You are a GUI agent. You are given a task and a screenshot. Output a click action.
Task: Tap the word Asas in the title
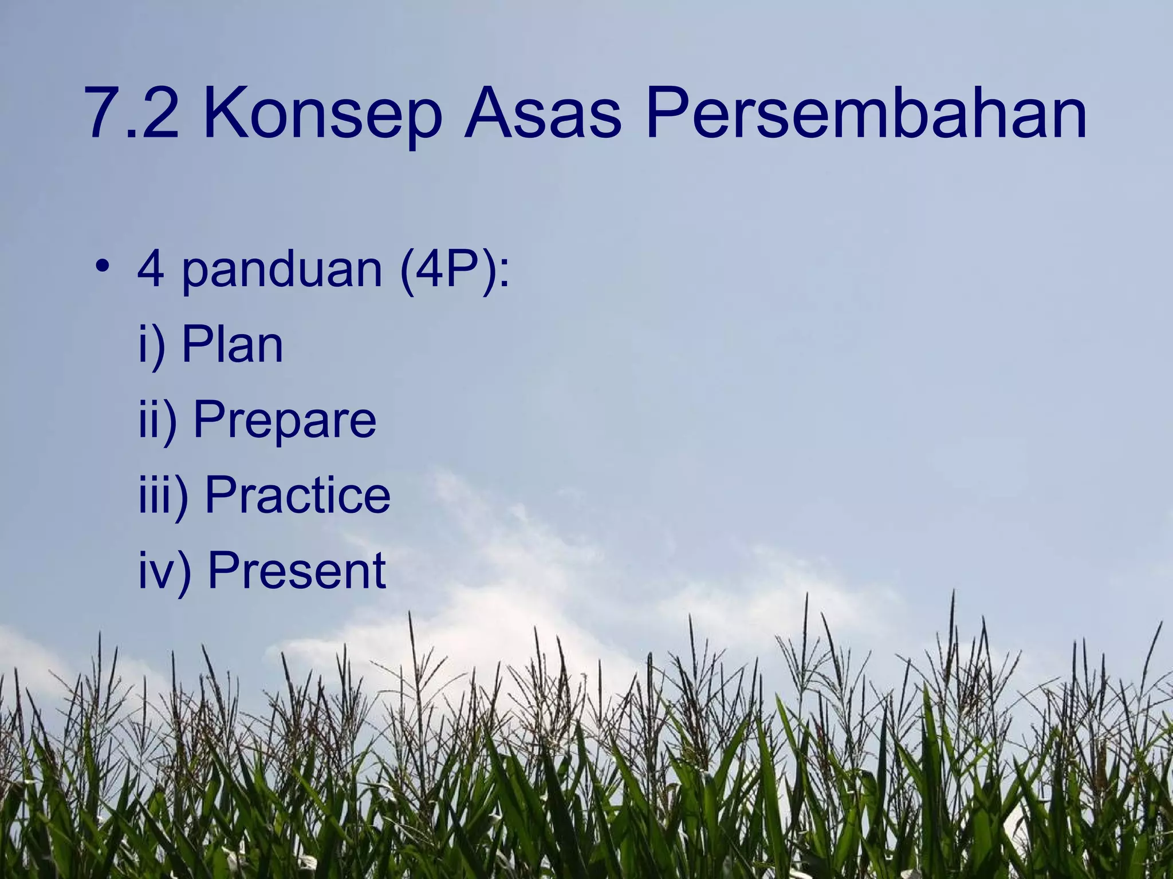point(542,113)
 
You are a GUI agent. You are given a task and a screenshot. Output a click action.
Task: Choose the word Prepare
point(285,421)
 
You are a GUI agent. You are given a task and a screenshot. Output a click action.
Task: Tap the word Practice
point(297,494)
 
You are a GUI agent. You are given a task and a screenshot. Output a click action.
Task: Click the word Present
point(297,570)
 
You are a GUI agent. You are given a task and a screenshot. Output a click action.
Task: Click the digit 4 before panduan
point(151,269)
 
